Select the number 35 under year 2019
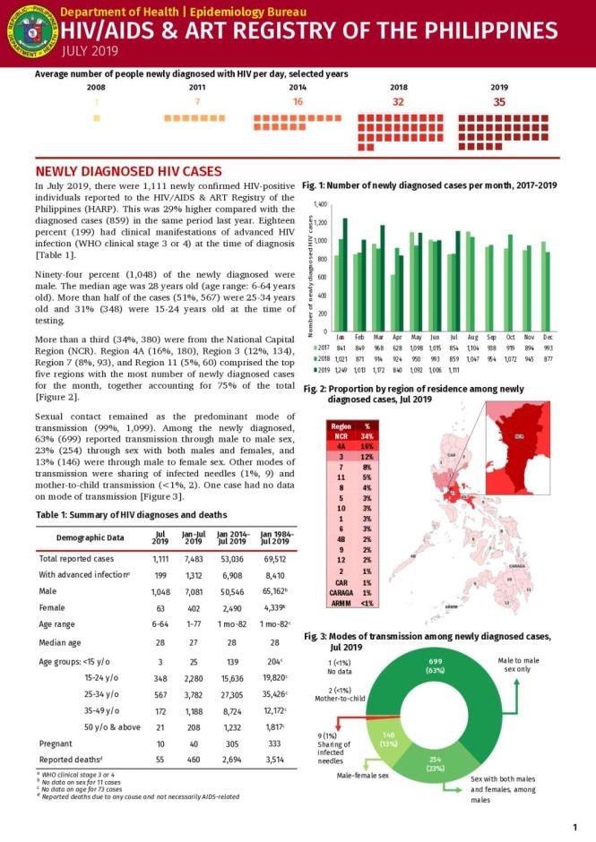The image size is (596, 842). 499,102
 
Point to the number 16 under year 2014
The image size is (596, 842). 298,102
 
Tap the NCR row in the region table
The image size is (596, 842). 341,436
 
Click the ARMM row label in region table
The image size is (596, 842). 341,603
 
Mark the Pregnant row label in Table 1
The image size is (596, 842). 56,742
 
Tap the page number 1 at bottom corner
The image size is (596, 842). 574,827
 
